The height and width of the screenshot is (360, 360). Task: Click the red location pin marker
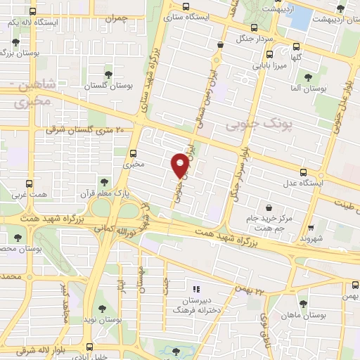pos(181,165)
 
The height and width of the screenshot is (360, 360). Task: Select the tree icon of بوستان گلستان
pos(108,73)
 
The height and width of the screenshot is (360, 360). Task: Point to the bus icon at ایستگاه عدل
pos(304,172)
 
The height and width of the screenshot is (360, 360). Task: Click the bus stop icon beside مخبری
pos(134,153)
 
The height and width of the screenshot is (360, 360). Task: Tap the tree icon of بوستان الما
pos(307,77)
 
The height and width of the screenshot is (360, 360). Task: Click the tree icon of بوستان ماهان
pos(303,304)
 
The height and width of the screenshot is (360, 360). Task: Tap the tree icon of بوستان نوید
pos(103,308)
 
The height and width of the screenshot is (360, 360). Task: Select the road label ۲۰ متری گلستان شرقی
pos(84,130)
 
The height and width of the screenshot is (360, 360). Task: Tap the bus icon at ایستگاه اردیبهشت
pos(341,9)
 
